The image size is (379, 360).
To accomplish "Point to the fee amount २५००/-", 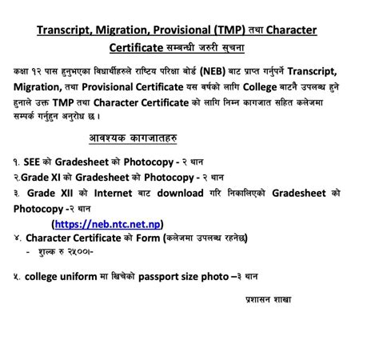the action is click(81, 251).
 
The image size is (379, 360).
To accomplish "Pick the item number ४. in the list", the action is click(17, 237).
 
